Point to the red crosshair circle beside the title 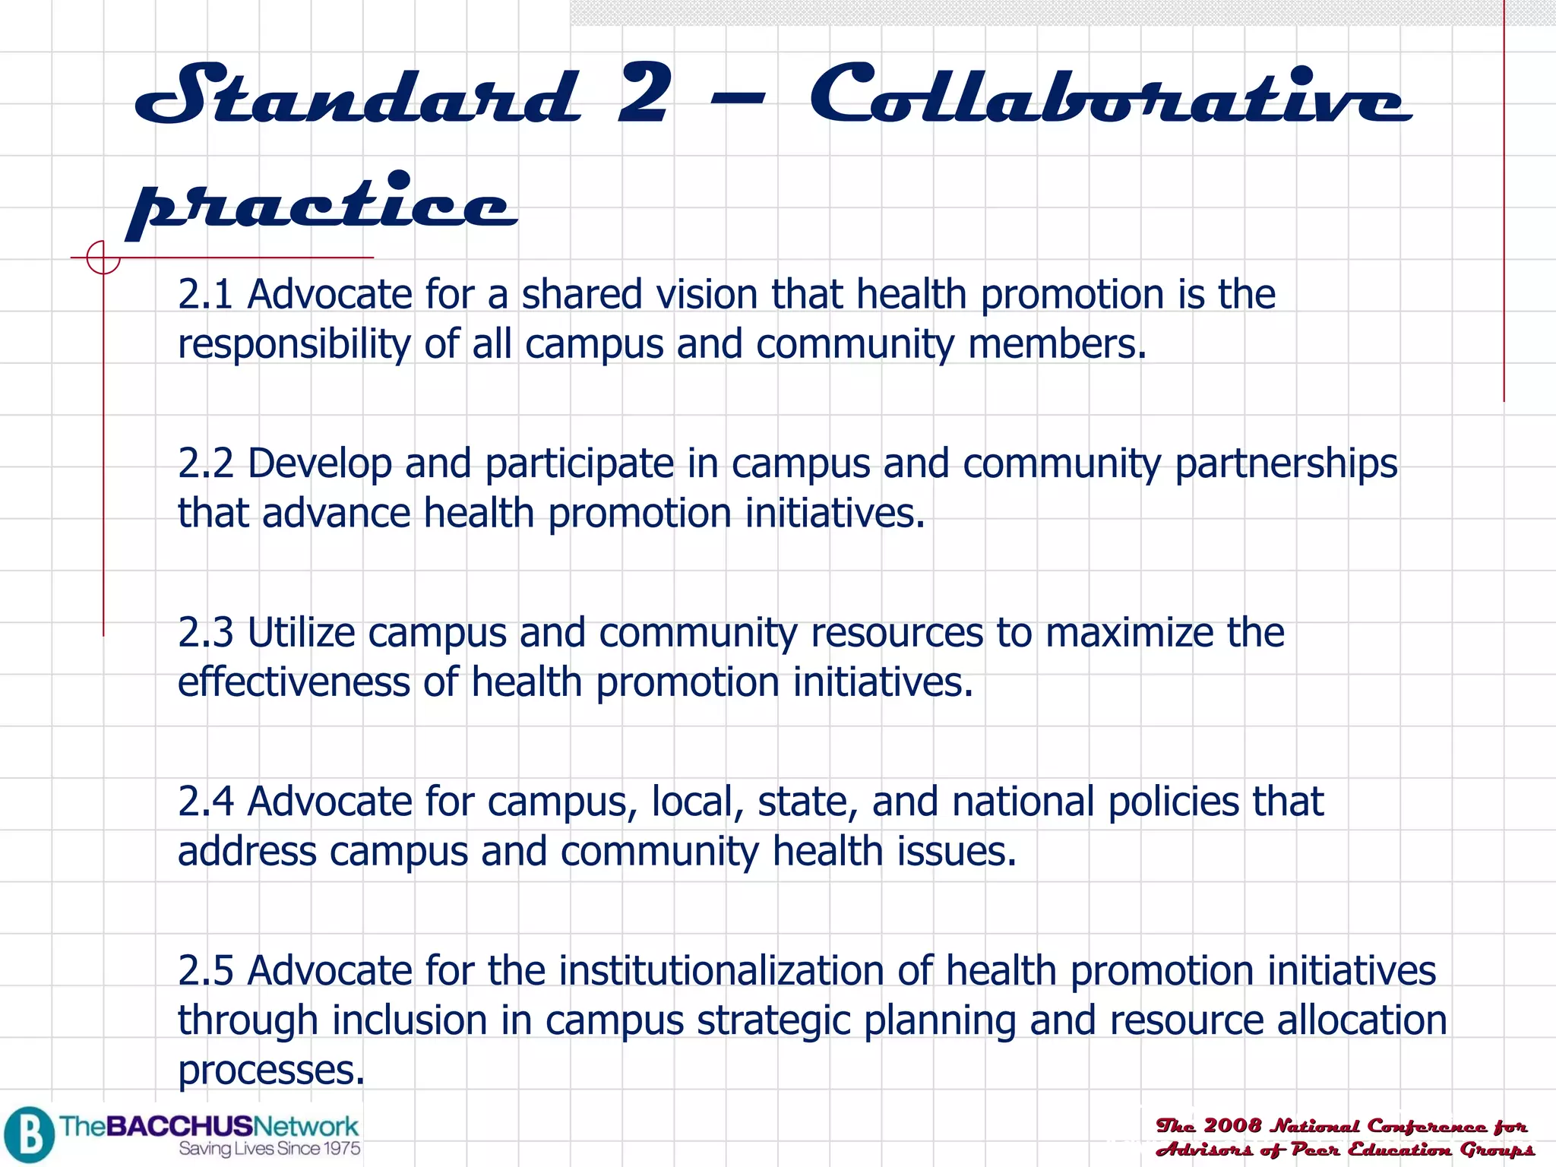[x=103, y=258]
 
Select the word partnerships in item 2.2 [x=1286, y=464]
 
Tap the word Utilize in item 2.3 [x=301, y=633]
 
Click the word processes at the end [x=270, y=1071]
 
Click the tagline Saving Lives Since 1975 [x=270, y=1149]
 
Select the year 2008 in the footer [x=1232, y=1125]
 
